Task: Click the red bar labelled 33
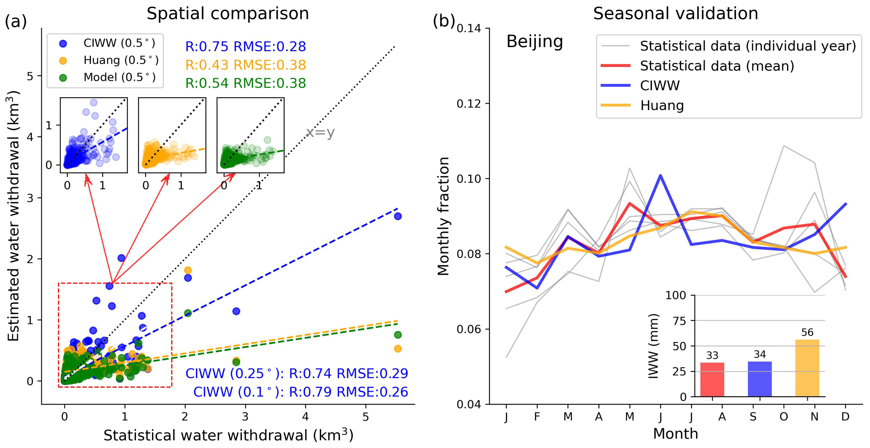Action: click(x=712, y=379)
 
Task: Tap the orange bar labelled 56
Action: click(x=807, y=368)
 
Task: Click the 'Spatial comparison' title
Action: click(x=227, y=13)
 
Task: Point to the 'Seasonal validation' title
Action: click(x=675, y=13)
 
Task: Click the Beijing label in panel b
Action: click(x=535, y=42)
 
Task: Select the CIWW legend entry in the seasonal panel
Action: click(x=659, y=86)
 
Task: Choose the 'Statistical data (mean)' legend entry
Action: click(x=717, y=66)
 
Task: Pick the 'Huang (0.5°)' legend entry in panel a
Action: click(x=121, y=61)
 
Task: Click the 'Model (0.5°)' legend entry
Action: click(x=119, y=77)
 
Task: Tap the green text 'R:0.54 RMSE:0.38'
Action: click(x=245, y=83)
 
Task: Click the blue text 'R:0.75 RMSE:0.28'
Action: click(x=245, y=47)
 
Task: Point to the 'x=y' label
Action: click(x=320, y=133)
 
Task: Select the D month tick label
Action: click(x=845, y=417)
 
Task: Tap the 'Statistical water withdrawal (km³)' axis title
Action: click(x=228, y=435)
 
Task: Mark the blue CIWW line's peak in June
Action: click(x=660, y=175)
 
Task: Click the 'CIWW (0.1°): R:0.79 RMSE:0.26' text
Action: click(x=301, y=392)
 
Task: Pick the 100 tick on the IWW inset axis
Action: click(x=676, y=295)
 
